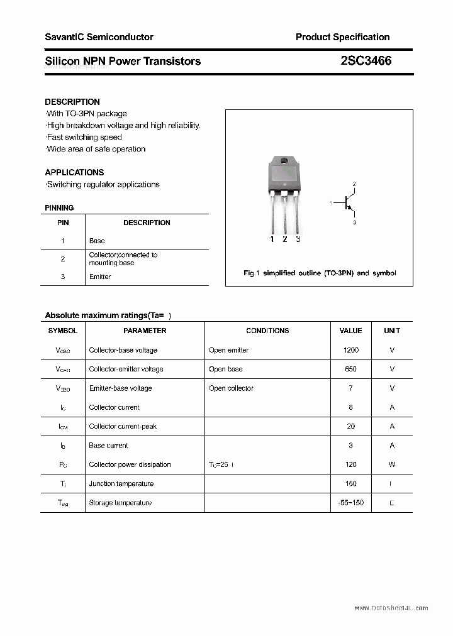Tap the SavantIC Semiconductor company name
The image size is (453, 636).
(99, 37)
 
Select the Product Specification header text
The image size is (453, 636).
(342, 37)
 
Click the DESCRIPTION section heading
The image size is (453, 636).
(72, 102)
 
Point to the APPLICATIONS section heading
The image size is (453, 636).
(74, 172)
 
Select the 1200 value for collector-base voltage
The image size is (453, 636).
(350, 350)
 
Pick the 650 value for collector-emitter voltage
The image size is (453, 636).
(350, 369)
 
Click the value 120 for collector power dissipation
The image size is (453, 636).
(350, 464)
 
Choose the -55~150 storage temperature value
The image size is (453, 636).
(350, 503)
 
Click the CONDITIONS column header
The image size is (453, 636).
(267, 331)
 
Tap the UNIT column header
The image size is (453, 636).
(392, 331)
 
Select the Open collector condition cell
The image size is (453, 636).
(231, 388)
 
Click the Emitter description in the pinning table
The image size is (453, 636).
(100, 277)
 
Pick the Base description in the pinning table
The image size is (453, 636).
(97, 241)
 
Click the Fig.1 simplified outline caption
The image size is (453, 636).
(320, 273)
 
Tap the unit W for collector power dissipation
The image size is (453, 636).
(392, 464)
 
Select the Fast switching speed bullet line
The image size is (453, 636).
(84, 137)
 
